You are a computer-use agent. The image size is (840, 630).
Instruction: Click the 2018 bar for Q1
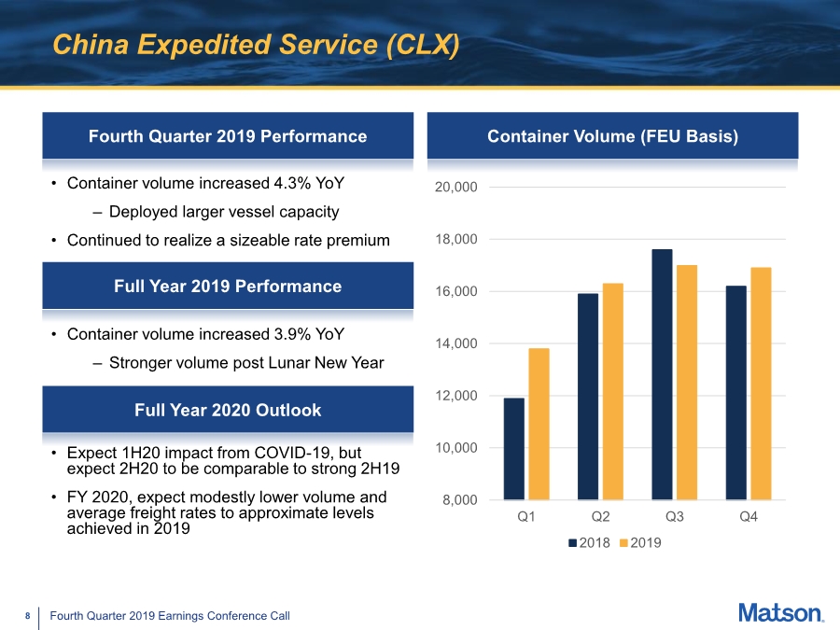(x=513, y=449)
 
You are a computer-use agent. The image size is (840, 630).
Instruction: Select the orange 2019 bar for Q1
(x=539, y=424)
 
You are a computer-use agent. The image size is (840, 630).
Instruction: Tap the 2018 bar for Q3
(x=662, y=374)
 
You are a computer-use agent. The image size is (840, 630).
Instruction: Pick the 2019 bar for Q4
(x=761, y=384)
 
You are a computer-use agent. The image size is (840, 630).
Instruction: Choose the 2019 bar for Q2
(x=613, y=392)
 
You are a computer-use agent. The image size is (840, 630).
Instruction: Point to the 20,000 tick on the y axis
(x=455, y=187)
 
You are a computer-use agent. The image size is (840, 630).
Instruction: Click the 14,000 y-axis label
(x=455, y=343)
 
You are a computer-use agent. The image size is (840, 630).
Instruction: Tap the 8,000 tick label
(x=459, y=500)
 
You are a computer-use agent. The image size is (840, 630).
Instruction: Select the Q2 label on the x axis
(x=600, y=516)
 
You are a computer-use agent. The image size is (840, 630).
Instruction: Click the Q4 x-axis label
(x=749, y=516)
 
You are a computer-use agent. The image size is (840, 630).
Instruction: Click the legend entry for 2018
(x=589, y=542)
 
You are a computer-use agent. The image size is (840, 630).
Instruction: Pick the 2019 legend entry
(x=640, y=542)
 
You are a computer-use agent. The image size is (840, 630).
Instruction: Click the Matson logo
(x=781, y=613)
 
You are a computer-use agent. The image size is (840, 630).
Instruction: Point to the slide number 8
(x=28, y=616)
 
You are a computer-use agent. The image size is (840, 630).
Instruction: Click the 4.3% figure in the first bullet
(x=292, y=183)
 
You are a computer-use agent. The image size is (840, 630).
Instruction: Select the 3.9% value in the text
(x=292, y=334)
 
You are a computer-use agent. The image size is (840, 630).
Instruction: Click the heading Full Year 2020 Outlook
(x=228, y=410)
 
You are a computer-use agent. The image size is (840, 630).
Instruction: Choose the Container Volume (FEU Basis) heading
(x=613, y=136)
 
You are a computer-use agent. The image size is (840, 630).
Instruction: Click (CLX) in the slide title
(x=423, y=45)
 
